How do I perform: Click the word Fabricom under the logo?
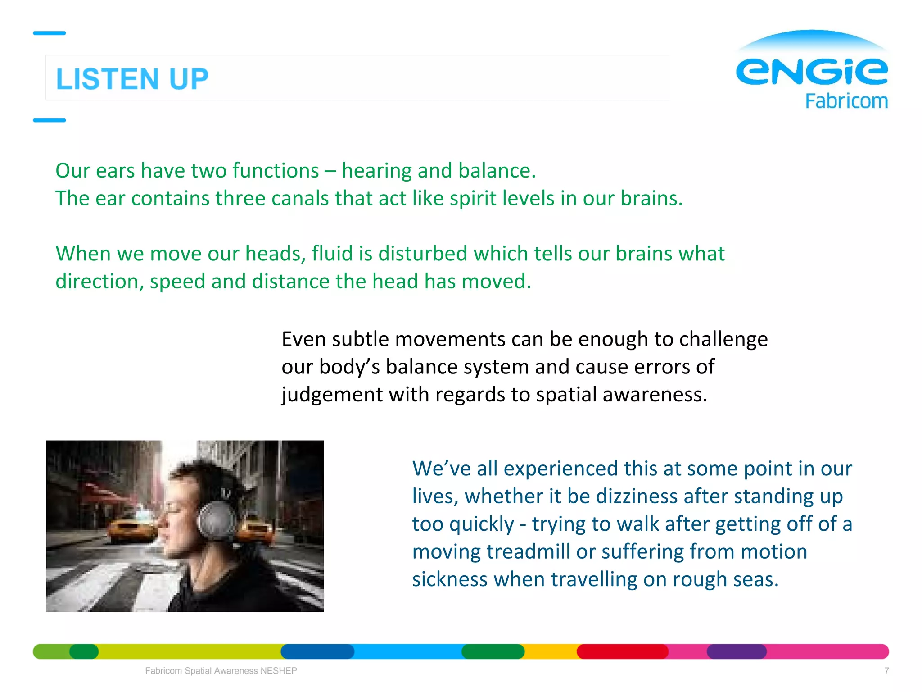tap(846, 101)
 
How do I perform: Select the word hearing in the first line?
tap(376, 171)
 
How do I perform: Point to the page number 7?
tap(886, 670)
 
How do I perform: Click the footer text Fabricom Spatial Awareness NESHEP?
tap(221, 670)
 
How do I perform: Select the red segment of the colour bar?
tap(622, 651)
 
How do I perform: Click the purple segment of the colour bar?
tap(737, 651)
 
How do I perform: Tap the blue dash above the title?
tap(50, 33)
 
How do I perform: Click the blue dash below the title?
tap(50, 120)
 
